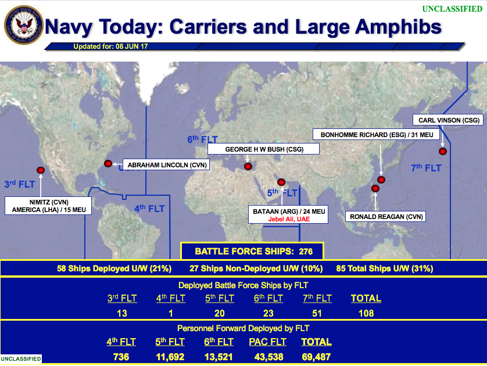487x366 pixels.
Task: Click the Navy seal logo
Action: [x=24, y=25]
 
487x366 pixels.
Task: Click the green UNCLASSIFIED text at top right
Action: [x=452, y=9]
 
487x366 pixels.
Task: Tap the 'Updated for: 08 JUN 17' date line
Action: [x=110, y=46]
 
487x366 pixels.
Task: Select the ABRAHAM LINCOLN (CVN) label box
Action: [x=166, y=164]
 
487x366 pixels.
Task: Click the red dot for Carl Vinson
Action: [x=443, y=152]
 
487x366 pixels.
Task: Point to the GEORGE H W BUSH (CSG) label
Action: [x=263, y=149]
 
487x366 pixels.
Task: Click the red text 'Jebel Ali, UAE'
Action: [x=289, y=219]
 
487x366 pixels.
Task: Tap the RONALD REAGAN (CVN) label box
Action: [x=385, y=217]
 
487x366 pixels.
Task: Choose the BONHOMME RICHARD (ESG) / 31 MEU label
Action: [x=377, y=135]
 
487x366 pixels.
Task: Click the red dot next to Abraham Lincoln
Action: [x=108, y=164]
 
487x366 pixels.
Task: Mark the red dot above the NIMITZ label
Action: [x=41, y=170]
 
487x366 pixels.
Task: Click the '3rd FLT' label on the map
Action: [x=19, y=184]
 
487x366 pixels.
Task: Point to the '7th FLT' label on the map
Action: [x=426, y=168]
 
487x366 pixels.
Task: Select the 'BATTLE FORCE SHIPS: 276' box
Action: [x=252, y=251]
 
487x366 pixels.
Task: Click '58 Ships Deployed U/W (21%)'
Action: [x=114, y=268]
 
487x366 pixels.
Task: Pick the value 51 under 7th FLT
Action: [x=317, y=313]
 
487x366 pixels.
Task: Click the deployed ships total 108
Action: [x=366, y=313]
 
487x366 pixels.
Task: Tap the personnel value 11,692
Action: [x=170, y=357]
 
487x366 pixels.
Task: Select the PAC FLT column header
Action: [x=267, y=342]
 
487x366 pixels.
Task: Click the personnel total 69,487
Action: [x=316, y=357]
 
